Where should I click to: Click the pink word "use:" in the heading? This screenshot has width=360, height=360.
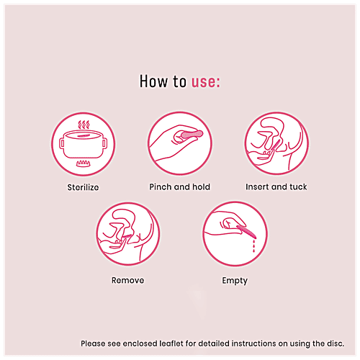[205, 82]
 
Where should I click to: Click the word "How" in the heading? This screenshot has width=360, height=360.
[154, 82]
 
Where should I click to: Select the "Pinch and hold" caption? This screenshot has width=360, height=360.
[179, 187]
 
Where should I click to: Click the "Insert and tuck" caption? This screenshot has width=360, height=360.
[276, 187]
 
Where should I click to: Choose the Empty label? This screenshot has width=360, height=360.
[235, 281]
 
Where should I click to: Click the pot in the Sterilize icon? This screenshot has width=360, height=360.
[82, 143]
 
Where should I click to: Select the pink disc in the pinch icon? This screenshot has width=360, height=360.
[192, 134]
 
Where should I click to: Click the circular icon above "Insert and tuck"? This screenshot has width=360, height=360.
[276, 144]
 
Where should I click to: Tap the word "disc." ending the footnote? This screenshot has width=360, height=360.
[336, 343]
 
